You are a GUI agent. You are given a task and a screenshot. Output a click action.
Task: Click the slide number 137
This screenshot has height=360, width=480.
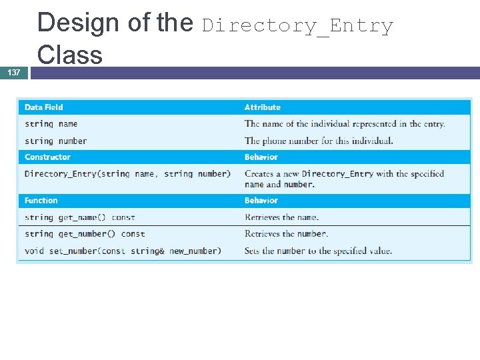[14, 72]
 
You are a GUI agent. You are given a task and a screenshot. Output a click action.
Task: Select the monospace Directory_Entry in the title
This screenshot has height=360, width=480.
[297, 26]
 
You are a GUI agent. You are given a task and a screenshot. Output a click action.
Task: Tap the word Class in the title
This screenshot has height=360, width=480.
[70, 55]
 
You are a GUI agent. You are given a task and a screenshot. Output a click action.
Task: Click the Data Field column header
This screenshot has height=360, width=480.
[44, 107]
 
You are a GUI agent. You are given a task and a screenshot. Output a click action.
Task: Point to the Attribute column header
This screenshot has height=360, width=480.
[263, 107]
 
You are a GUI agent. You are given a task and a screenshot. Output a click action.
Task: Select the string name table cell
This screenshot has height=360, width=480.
[51, 124]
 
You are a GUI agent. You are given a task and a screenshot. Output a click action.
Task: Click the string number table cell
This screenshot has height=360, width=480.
[56, 141]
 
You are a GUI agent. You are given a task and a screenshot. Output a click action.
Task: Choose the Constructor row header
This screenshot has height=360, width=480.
[47, 157]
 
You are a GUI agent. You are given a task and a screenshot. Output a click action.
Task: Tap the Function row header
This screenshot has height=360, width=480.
[41, 201]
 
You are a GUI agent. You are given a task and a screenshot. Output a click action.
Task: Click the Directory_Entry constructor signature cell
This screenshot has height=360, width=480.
[127, 174]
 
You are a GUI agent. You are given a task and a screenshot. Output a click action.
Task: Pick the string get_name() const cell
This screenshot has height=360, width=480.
[80, 217]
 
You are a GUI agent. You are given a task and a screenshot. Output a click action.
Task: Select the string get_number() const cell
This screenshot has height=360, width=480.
[85, 234]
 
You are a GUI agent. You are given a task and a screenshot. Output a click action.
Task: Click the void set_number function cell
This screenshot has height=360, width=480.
[122, 251]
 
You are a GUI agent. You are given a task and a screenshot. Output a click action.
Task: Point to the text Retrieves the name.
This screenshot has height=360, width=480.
[282, 217]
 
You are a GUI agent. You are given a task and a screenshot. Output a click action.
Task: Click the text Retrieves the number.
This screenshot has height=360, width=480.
[287, 234]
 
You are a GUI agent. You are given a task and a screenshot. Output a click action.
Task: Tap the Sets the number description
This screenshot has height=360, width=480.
[318, 251]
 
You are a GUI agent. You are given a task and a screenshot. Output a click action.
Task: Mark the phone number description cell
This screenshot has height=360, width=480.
[319, 141]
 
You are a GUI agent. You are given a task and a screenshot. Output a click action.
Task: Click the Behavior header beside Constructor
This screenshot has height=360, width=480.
[261, 157]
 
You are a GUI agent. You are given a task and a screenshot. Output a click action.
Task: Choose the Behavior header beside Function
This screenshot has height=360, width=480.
[261, 201]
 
